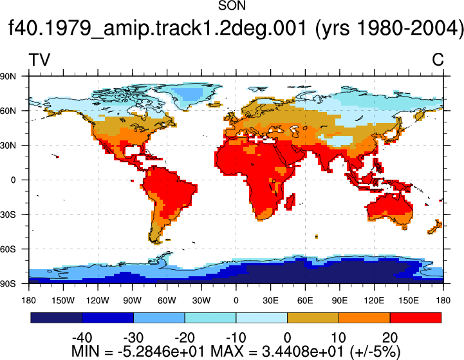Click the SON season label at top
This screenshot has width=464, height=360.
(232, 5)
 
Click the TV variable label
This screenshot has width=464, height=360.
(39, 60)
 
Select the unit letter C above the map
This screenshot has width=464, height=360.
(438, 60)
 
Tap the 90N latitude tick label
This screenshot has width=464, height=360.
(8, 77)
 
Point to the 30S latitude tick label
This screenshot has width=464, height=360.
(8, 214)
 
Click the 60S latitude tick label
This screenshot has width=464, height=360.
(8, 249)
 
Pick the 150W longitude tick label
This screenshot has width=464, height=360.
(63, 301)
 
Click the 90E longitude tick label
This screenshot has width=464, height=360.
(340, 301)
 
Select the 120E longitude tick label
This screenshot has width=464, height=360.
(374, 301)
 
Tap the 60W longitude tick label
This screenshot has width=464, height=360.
(167, 301)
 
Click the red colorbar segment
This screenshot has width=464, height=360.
(416, 317)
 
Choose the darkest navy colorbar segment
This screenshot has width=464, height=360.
(56, 317)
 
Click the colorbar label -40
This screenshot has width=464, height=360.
(82, 337)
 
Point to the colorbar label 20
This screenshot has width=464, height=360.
(390, 337)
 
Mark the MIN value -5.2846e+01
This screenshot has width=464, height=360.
(161, 352)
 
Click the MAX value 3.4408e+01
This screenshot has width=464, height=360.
(302, 352)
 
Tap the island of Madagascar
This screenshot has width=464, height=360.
(290, 202)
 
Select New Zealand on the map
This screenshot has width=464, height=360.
(434, 227)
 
